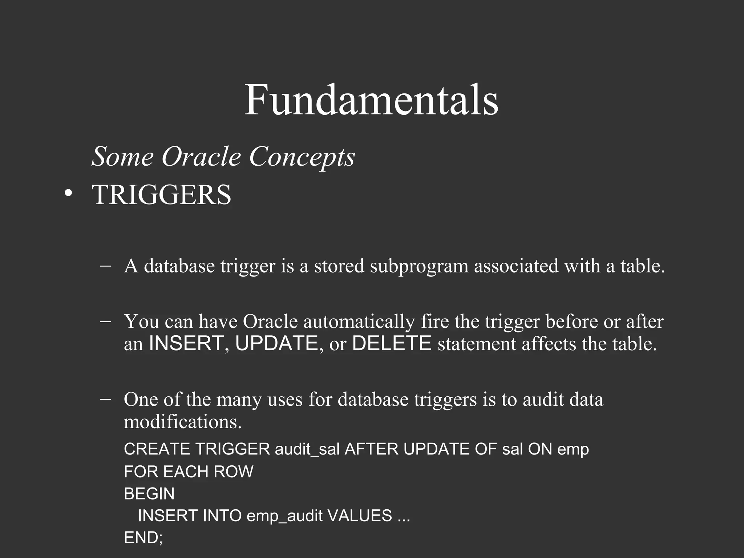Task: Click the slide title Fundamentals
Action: [x=371, y=100]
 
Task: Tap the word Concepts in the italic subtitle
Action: [x=302, y=157]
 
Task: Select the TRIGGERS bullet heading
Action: [x=162, y=195]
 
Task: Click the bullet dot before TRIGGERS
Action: [x=68, y=194]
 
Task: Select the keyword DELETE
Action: [x=392, y=344]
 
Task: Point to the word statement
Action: [x=477, y=344]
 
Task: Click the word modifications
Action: [x=182, y=422]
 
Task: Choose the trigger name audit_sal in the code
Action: [x=307, y=449]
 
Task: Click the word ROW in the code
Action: [x=233, y=472]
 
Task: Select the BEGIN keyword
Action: [x=149, y=494]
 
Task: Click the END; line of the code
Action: [x=143, y=538]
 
